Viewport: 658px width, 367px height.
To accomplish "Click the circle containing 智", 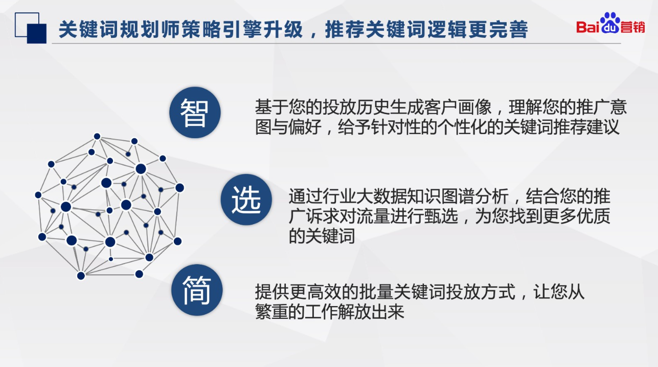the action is (195, 113).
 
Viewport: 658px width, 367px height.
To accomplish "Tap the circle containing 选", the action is (246, 200).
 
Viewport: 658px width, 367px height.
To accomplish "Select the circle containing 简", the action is (197, 290).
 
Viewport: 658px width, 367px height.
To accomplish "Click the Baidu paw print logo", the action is (610, 23).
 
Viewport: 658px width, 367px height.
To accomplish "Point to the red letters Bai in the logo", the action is (587, 27).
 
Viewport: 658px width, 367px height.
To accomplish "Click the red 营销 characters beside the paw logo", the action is (632, 27).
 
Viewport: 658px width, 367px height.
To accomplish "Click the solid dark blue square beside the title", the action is (37, 33).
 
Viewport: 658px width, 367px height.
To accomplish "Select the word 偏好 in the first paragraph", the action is (305, 127).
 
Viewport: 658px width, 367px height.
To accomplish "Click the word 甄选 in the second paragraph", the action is (441, 216).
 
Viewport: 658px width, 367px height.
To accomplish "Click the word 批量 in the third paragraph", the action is (373, 292).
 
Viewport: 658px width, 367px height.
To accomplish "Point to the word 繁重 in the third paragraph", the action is (271, 312).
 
